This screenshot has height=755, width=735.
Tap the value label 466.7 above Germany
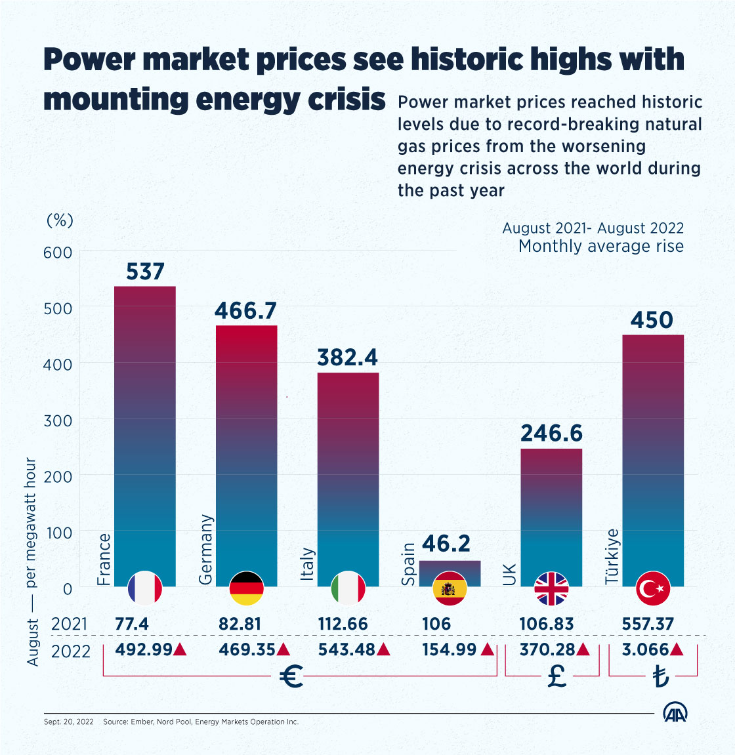(x=246, y=310)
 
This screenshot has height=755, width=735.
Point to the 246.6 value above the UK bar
(x=551, y=434)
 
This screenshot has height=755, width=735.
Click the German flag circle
(x=247, y=588)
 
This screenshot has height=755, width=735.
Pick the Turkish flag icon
(x=653, y=588)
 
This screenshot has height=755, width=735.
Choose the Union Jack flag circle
(x=551, y=588)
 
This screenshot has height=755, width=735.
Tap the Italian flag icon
(x=348, y=588)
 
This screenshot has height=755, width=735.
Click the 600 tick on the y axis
(x=57, y=252)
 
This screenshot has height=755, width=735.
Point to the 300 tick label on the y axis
(x=57, y=420)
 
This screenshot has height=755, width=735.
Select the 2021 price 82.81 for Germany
(x=240, y=624)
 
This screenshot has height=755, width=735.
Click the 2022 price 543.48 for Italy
(x=346, y=650)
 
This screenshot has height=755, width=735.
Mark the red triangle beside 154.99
(x=488, y=650)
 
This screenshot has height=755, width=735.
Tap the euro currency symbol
(x=291, y=676)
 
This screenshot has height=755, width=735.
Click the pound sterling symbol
(x=556, y=676)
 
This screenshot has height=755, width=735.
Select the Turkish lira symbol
(x=660, y=677)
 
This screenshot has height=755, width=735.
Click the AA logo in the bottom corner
(x=675, y=714)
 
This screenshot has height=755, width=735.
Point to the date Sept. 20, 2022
(x=69, y=722)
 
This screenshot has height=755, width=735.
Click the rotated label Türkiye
(x=612, y=556)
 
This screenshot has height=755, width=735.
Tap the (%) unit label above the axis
(x=60, y=220)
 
